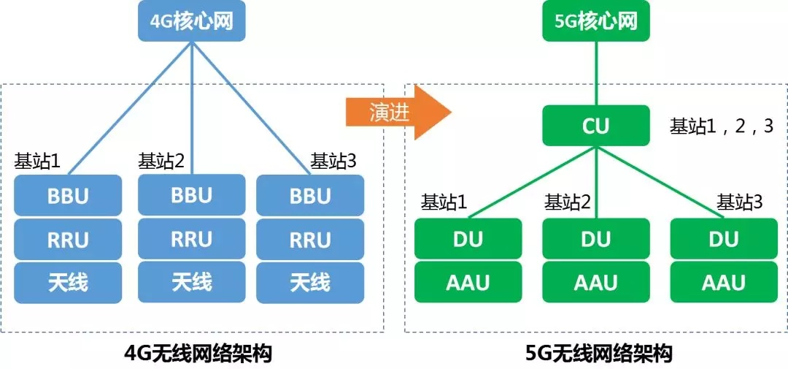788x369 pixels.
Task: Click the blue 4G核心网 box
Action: [191, 20]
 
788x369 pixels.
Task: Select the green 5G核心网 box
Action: [595, 20]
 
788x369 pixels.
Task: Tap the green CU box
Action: [595, 126]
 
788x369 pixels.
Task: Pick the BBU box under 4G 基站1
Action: [68, 197]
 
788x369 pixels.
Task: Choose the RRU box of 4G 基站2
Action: [191, 239]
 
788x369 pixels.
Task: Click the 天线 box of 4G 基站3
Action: [310, 282]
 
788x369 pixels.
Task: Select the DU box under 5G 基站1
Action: [468, 239]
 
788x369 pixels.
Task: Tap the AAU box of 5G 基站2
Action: [595, 282]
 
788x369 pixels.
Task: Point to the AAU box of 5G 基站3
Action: [724, 282]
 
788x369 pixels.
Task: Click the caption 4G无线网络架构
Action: [198, 354]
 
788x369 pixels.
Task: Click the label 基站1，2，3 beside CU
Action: [722, 126]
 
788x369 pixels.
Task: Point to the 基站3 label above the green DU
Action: [739, 202]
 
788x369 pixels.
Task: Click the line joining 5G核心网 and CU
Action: [595, 73]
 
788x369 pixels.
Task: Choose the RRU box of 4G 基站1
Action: [68, 239]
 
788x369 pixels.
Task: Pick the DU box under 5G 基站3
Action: [724, 239]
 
